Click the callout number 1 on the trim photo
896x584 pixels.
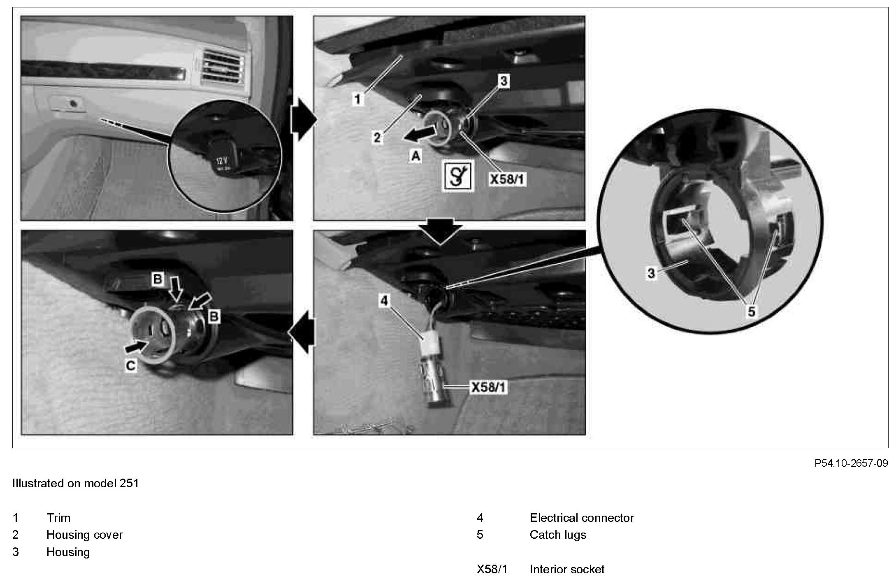358,99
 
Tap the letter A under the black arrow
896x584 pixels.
416,156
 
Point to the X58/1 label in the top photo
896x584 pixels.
507,179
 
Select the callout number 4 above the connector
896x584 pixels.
384,301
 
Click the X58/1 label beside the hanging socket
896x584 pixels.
489,387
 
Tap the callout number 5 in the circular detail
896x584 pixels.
751,312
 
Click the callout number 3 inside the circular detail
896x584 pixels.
651,273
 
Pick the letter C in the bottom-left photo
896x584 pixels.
131,366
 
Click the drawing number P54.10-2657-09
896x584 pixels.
851,463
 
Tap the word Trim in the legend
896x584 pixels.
58,518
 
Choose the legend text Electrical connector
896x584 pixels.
582,518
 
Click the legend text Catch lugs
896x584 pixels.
558,535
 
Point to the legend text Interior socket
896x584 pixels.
567,570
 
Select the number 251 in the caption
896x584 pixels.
129,483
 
